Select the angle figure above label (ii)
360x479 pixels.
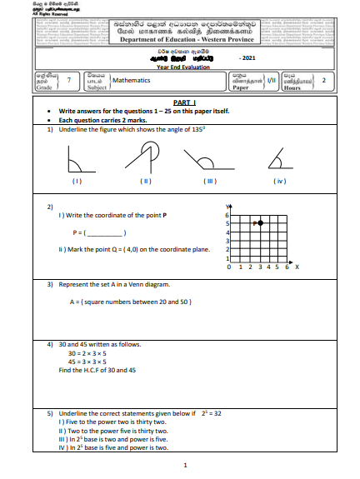pos(147,156)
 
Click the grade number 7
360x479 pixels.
pos(67,81)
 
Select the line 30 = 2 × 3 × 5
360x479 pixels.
pos(90,354)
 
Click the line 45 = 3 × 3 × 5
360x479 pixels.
pos(90,362)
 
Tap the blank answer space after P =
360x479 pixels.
pos(106,232)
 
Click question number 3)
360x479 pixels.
pos(50,284)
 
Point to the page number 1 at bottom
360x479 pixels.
pos(184,466)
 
